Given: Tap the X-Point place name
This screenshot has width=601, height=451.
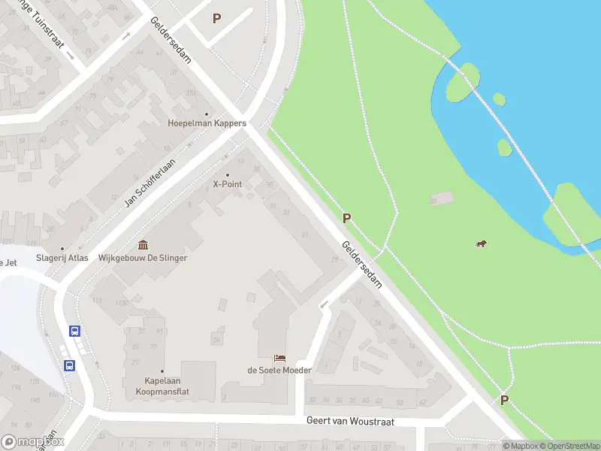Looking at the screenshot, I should tap(227, 184).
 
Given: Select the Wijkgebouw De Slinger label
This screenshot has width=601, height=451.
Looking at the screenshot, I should tap(143, 258).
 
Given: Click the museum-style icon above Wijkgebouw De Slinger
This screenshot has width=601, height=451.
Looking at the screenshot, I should tap(143, 245).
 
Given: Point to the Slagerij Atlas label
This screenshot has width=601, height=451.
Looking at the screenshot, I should tap(63, 258).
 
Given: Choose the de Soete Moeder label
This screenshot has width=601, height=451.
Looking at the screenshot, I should tap(279, 370).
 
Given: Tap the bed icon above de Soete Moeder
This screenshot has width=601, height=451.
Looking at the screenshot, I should tap(280, 358).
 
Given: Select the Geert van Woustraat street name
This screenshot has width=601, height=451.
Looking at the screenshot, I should tap(350, 421).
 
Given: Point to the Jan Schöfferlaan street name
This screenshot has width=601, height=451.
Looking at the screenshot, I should tap(149, 183).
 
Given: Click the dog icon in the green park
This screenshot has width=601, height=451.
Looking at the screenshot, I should tap(480, 243).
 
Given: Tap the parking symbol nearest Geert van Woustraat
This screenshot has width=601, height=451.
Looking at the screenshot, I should tap(504, 401).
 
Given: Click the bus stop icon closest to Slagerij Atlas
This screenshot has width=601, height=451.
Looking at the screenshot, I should tap(74, 331).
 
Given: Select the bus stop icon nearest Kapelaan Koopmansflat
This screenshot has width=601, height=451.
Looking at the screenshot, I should tap(68, 366).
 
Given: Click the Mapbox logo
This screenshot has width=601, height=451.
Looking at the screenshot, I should tap(33, 443).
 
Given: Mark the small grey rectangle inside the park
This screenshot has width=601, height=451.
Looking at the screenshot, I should tap(442, 198).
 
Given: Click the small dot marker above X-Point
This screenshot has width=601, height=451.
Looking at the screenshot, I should tap(227, 175).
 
